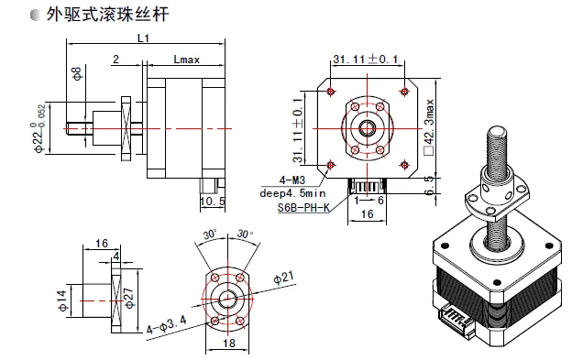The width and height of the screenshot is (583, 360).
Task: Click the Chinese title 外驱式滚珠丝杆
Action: click(108, 15)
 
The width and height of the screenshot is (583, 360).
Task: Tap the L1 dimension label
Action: click(144, 38)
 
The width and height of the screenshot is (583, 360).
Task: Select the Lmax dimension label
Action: click(186, 60)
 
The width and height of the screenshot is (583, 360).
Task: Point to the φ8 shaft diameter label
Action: click(77, 73)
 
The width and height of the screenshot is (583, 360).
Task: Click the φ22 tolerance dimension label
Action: click(39, 128)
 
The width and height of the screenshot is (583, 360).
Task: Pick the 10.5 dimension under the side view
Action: click(213, 202)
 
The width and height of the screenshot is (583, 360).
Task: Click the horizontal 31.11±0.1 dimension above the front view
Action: click(366, 59)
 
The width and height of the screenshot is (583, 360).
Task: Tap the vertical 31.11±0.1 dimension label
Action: click(297, 130)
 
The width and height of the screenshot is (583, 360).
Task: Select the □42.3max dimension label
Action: click(429, 127)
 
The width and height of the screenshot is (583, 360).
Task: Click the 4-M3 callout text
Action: click(291, 180)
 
